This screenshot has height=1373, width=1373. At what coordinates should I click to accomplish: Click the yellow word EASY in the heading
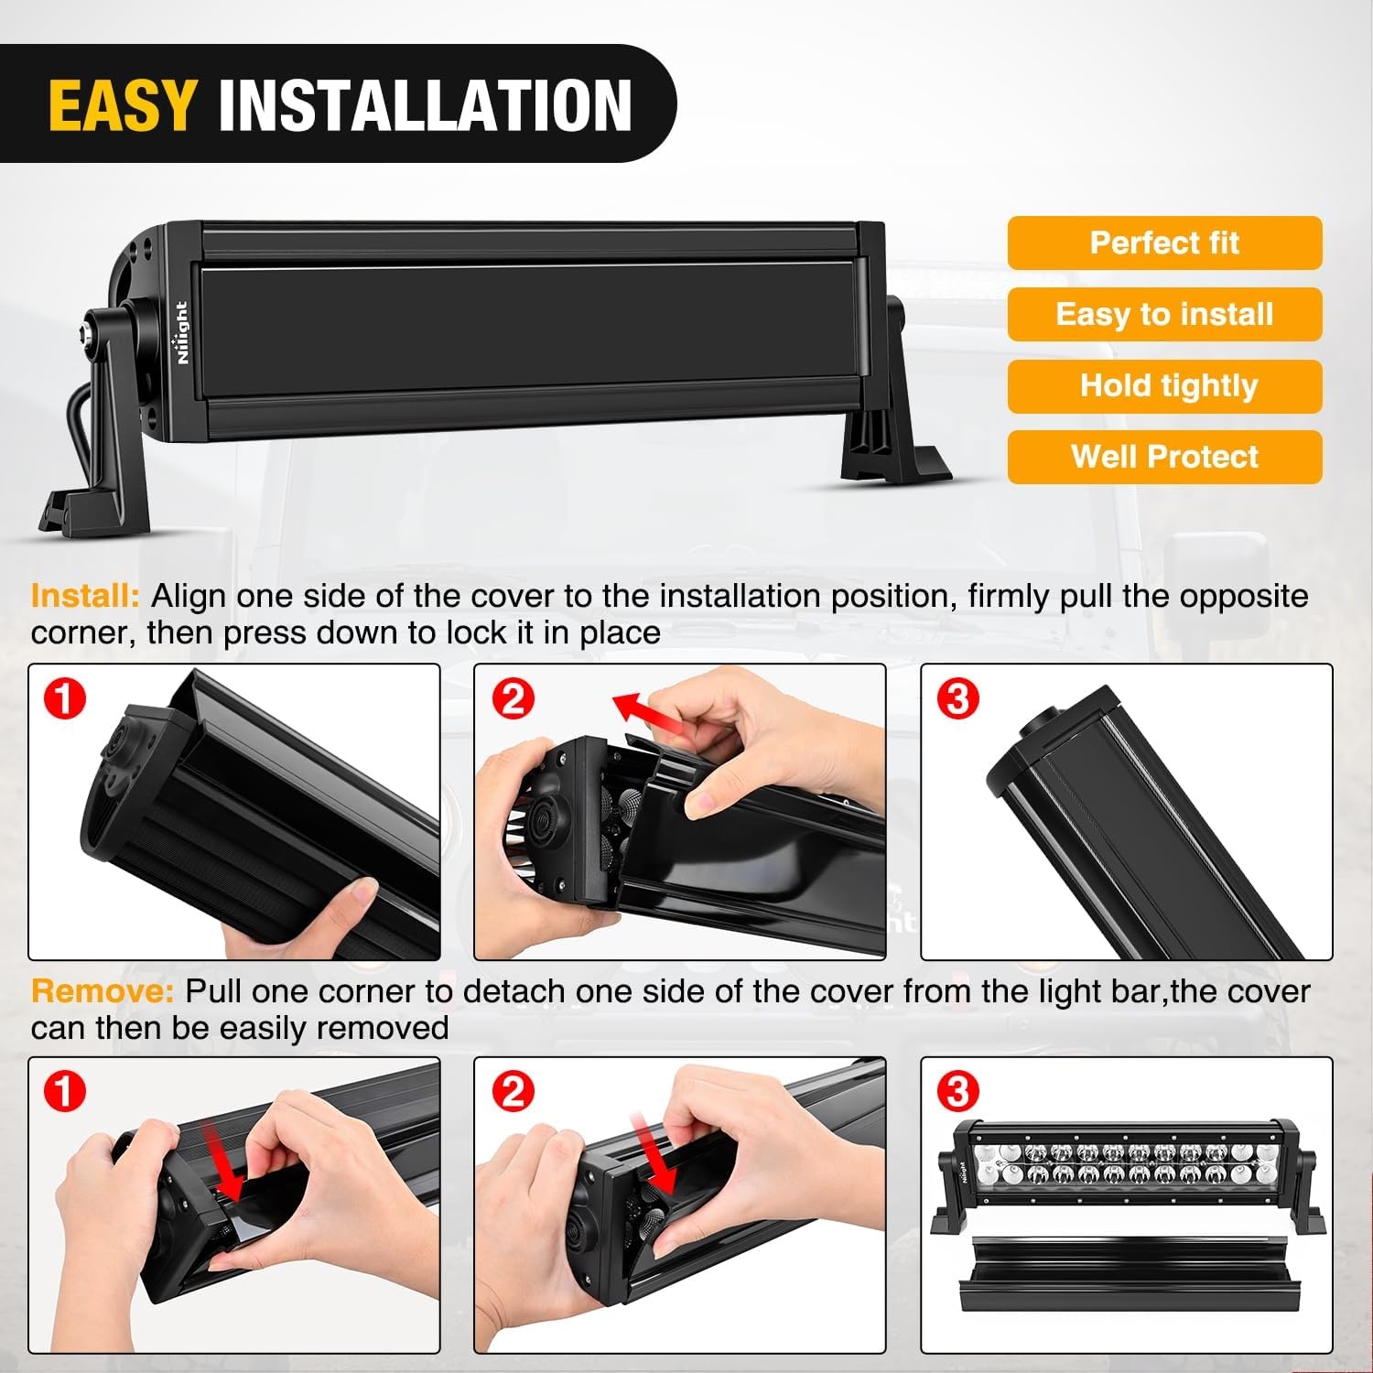[x=122, y=105]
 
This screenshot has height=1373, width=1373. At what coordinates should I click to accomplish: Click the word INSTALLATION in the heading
[x=425, y=105]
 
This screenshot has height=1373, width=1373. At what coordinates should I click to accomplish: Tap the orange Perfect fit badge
[x=1164, y=243]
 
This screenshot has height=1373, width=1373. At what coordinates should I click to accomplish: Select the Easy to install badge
[x=1164, y=314]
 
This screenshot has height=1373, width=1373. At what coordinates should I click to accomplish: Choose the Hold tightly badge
[x=1164, y=385]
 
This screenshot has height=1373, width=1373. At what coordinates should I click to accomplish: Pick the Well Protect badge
[x=1164, y=457]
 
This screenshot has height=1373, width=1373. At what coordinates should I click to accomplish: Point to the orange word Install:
[x=85, y=596]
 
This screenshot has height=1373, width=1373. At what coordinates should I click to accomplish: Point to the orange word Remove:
[x=102, y=991]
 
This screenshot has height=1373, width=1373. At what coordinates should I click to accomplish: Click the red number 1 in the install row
[x=64, y=698]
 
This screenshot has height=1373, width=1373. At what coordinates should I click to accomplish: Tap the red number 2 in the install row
[x=513, y=698]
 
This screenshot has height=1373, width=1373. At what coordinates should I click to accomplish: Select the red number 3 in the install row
[x=957, y=698]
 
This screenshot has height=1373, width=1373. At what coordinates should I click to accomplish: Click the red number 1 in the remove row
[x=64, y=1091]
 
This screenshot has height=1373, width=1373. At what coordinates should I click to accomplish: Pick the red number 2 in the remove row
[x=513, y=1091]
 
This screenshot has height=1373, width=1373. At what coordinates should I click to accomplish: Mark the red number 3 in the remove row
[x=957, y=1091]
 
